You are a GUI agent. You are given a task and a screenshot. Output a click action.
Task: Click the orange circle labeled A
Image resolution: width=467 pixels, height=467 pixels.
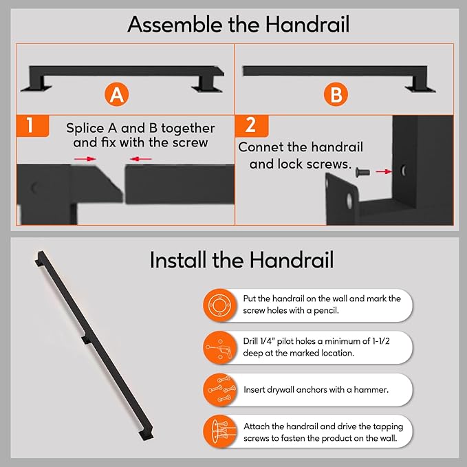[x=116, y=94]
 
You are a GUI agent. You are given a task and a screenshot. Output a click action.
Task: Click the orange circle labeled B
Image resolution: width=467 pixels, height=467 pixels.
[x=336, y=94]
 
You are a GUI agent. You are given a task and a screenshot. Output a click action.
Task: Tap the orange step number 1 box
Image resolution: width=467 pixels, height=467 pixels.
[x=32, y=126]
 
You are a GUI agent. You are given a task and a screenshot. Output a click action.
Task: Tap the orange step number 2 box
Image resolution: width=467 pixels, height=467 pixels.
[x=252, y=126]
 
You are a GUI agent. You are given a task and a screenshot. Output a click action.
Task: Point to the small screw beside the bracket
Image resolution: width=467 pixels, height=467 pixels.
[x=362, y=172]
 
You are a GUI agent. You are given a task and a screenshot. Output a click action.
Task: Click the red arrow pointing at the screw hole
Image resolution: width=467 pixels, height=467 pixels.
[x=384, y=171]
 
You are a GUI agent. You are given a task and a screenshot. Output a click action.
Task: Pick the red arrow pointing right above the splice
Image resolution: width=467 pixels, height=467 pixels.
[x=85, y=159]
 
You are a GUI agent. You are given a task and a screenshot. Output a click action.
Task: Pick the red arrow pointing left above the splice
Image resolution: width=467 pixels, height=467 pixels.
[x=140, y=159]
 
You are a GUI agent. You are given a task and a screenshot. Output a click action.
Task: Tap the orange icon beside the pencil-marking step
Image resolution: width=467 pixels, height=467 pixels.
[x=220, y=305]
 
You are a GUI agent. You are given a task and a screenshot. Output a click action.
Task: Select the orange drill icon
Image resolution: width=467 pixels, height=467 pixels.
[x=220, y=347]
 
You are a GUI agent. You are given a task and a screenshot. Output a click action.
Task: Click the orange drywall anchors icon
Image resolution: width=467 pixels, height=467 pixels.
[x=220, y=389]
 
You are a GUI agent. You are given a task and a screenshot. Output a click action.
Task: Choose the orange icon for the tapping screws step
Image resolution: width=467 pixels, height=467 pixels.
[x=220, y=431]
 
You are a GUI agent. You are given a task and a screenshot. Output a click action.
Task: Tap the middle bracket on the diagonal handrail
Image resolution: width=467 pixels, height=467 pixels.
[x=87, y=340]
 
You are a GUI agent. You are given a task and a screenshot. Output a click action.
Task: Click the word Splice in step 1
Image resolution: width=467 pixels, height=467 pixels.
[x=85, y=129]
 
